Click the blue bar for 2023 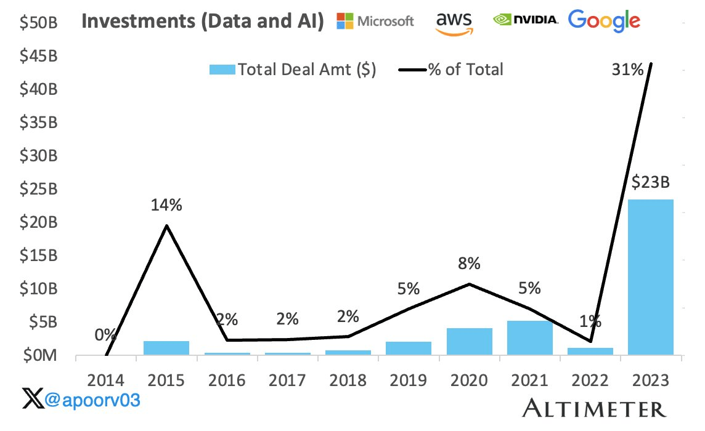click(650, 277)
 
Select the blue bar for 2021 click(529, 338)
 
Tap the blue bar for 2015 click(166, 348)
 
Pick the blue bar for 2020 click(469, 342)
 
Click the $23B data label click(650, 182)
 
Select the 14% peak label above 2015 click(166, 205)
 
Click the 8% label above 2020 click(469, 264)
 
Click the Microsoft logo click(375, 21)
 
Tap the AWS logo click(454, 22)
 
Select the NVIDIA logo click(526, 20)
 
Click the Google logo click(604, 21)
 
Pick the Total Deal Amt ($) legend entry click(293, 70)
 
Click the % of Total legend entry click(455, 70)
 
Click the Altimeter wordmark click(594, 408)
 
